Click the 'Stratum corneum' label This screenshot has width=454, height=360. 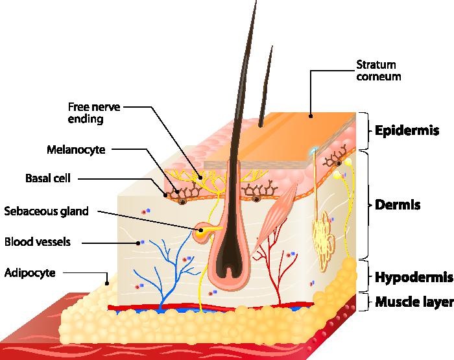coord(378,70)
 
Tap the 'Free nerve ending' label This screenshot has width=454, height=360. coord(94,113)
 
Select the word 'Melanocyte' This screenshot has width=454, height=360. coord(76,149)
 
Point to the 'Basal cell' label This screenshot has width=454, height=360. coord(48,178)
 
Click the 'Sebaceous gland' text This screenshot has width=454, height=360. coord(46,211)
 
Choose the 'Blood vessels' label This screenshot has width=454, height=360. coord(38,241)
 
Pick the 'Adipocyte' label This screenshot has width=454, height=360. coord(30,273)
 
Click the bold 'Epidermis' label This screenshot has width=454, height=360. coord(407,130)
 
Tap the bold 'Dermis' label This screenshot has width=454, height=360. coord(398,205)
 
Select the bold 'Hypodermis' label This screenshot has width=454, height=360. coord(414,277)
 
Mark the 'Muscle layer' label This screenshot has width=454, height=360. coord(414,302)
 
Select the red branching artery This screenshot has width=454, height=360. coord(272,261)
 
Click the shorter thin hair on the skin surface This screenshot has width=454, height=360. coord(267,87)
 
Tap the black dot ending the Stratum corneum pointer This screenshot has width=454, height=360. coord(311,116)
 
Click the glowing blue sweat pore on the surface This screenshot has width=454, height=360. coord(313,150)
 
